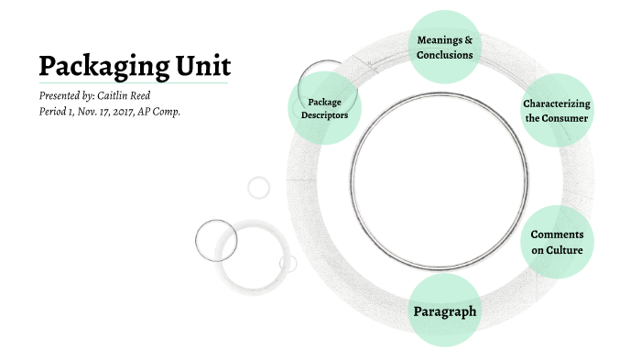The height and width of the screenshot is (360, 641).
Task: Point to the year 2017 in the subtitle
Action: click(x=126, y=111)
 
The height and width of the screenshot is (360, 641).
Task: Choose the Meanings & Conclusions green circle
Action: click(x=445, y=48)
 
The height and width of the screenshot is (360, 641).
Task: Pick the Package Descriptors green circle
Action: click(x=324, y=108)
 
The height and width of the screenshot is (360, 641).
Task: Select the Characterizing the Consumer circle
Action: click(x=556, y=111)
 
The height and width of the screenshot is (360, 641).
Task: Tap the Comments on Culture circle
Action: click(x=557, y=242)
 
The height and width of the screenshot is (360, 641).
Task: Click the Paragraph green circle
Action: click(x=445, y=311)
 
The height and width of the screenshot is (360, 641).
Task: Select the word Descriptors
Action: click(x=324, y=116)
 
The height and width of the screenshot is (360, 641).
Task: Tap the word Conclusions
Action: click(x=445, y=55)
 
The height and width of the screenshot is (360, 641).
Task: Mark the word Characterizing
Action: click(x=556, y=104)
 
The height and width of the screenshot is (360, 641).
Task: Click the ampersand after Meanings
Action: click(x=469, y=40)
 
